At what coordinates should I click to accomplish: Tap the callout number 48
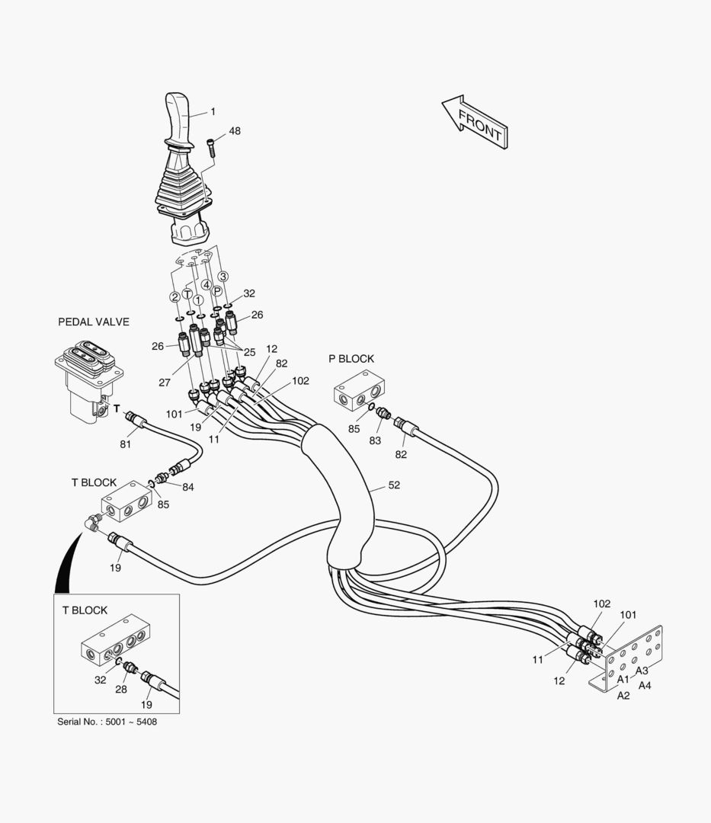pyautogui.click(x=235, y=131)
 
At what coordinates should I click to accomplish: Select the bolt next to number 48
pyautogui.click(x=211, y=146)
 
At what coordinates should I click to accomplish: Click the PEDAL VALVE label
pyautogui.click(x=94, y=322)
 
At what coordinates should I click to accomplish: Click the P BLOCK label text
pyautogui.click(x=351, y=358)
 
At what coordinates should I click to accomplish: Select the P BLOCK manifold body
pyautogui.click(x=360, y=390)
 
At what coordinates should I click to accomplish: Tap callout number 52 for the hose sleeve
pyautogui.click(x=394, y=485)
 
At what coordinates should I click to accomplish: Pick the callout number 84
pyautogui.click(x=187, y=488)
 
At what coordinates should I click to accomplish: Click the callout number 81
pyautogui.click(x=125, y=444)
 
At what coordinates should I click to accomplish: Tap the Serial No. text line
pyautogui.click(x=107, y=722)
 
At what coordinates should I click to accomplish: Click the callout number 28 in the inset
pyautogui.click(x=120, y=690)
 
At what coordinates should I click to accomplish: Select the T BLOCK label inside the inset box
pyautogui.click(x=85, y=610)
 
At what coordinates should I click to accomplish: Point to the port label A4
pyautogui.click(x=645, y=685)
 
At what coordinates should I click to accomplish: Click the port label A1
pyautogui.click(x=623, y=679)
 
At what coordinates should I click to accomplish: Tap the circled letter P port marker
pyautogui.click(x=217, y=291)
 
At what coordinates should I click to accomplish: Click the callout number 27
pyautogui.click(x=165, y=383)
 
